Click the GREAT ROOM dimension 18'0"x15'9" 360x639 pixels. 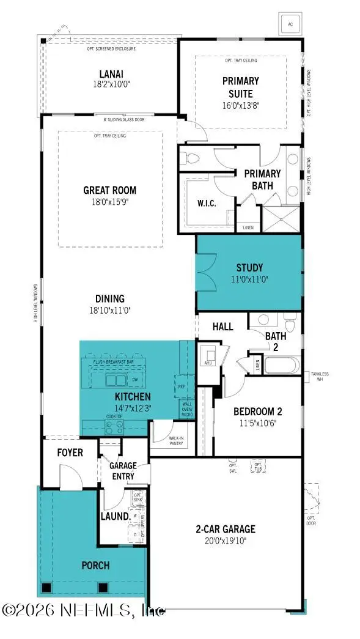pos(110,201)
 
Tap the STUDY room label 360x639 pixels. pos(249,267)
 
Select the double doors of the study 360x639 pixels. pos(205,273)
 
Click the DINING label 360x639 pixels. pos(110,298)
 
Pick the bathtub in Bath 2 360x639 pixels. pos(282,365)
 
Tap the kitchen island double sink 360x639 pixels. pos(114,380)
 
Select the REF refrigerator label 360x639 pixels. pos(182,386)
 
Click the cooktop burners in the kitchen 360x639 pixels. pos(114,426)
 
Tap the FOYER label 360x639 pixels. pos(70,452)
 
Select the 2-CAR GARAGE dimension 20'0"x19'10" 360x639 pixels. pos(226,541)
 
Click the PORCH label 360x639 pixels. pos(95,566)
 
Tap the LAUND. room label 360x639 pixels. pos(115,516)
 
